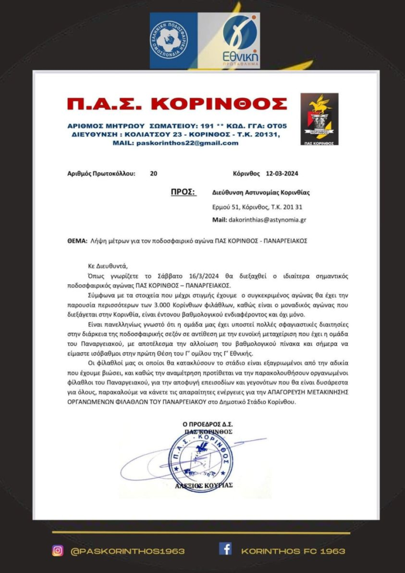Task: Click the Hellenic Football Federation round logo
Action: tap(169, 40)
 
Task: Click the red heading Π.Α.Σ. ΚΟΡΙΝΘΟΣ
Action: tap(177, 105)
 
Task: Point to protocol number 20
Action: tap(153, 173)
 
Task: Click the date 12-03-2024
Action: tap(286, 173)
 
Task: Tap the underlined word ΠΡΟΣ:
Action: tap(183, 192)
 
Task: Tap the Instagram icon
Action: tap(57, 551)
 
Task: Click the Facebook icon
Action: tap(225, 549)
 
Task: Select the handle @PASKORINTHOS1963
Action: tap(128, 551)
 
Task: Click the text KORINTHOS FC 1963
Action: tap(293, 551)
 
